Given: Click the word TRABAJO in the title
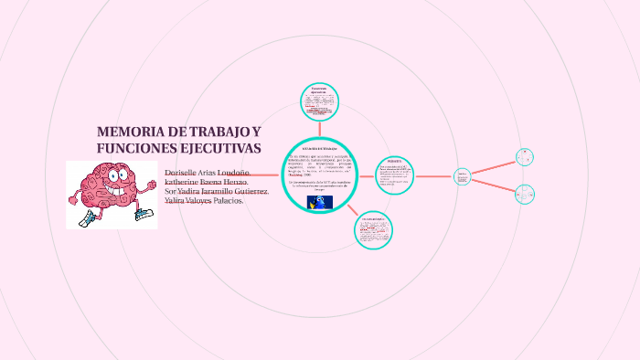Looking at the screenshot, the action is point(220,132).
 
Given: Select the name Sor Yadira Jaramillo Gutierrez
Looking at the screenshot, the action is point(216,191).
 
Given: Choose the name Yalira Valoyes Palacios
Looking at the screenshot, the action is point(204,200).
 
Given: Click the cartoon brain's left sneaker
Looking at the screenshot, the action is point(88,218).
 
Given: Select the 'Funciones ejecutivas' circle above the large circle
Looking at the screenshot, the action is point(319,101).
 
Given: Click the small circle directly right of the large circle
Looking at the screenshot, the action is point(395,175).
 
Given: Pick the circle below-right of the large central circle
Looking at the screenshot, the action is point(375,229).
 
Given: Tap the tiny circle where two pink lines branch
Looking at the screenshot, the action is point(463,176).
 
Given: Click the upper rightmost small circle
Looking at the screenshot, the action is point(524,157).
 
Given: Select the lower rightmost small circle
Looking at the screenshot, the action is point(524,194).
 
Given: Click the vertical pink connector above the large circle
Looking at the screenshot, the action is point(319,128).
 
